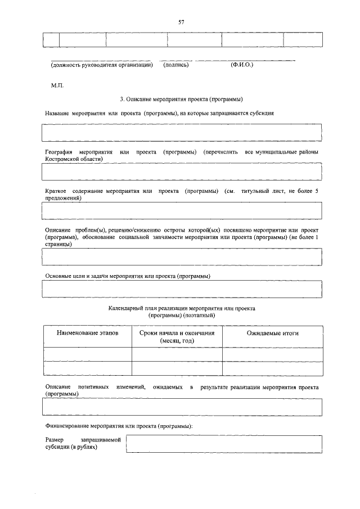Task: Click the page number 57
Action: (x=181, y=22)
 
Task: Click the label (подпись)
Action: (x=175, y=65)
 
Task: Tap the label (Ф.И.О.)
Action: (x=242, y=65)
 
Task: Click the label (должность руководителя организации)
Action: (x=102, y=65)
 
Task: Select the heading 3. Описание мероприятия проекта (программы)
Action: (x=181, y=99)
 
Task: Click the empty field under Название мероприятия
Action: (x=182, y=133)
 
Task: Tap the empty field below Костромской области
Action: (x=182, y=171)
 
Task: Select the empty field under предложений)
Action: (x=182, y=210)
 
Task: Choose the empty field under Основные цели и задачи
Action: (x=182, y=288)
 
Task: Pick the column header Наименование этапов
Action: (x=88, y=334)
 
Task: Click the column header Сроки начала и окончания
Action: (x=177, y=337)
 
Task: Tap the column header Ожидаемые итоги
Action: (x=272, y=334)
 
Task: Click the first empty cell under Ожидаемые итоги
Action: (x=272, y=354)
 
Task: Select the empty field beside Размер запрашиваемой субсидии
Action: (x=224, y=443)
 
